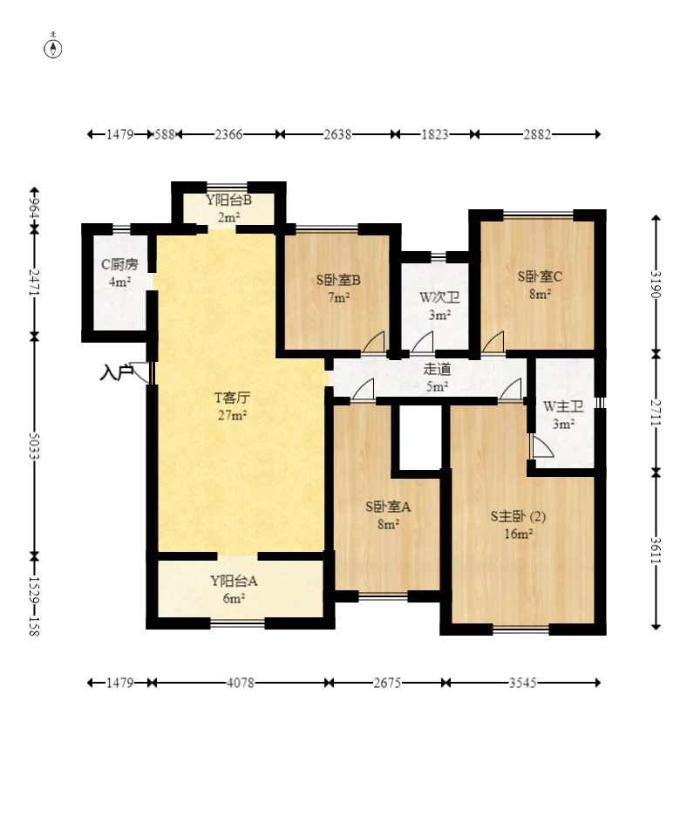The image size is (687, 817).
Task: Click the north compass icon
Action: click(x=52, y=46)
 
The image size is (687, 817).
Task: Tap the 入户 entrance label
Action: click(x=116, y=373)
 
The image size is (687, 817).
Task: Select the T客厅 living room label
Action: click(x=232, y=398)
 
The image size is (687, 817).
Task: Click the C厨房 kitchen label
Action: click(x=119, y=264)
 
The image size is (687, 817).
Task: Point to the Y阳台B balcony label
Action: click(x=228, y=200)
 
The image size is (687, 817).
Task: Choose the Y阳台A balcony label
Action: click(x=234, y=581)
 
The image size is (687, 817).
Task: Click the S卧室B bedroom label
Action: click(x=338, y=280)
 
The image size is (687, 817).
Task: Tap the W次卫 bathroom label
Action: click(x=439, y=297)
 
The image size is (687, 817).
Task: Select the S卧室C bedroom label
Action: click(x=540, y=276)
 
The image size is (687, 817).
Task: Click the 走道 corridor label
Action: click(x=437, y=369)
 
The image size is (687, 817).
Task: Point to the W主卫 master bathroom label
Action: click(x=563, y=406)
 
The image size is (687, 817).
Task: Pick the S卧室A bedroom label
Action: click(x=388, y=507)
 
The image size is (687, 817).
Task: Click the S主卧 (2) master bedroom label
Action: click(x=518, y=516)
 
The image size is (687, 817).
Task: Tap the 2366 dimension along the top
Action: click(x=228, y=134)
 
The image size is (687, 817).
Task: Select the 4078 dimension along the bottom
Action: click(x=240, y=683)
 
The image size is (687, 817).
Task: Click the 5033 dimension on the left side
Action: click(x=33, y=446)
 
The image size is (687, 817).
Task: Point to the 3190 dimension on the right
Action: click(x=656, y=284)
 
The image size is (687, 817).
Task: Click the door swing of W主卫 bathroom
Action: click(x=542, y=447)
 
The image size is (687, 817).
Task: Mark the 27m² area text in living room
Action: click(x=232, y=415)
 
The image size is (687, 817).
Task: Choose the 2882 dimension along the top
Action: click(x=537, y=134)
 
